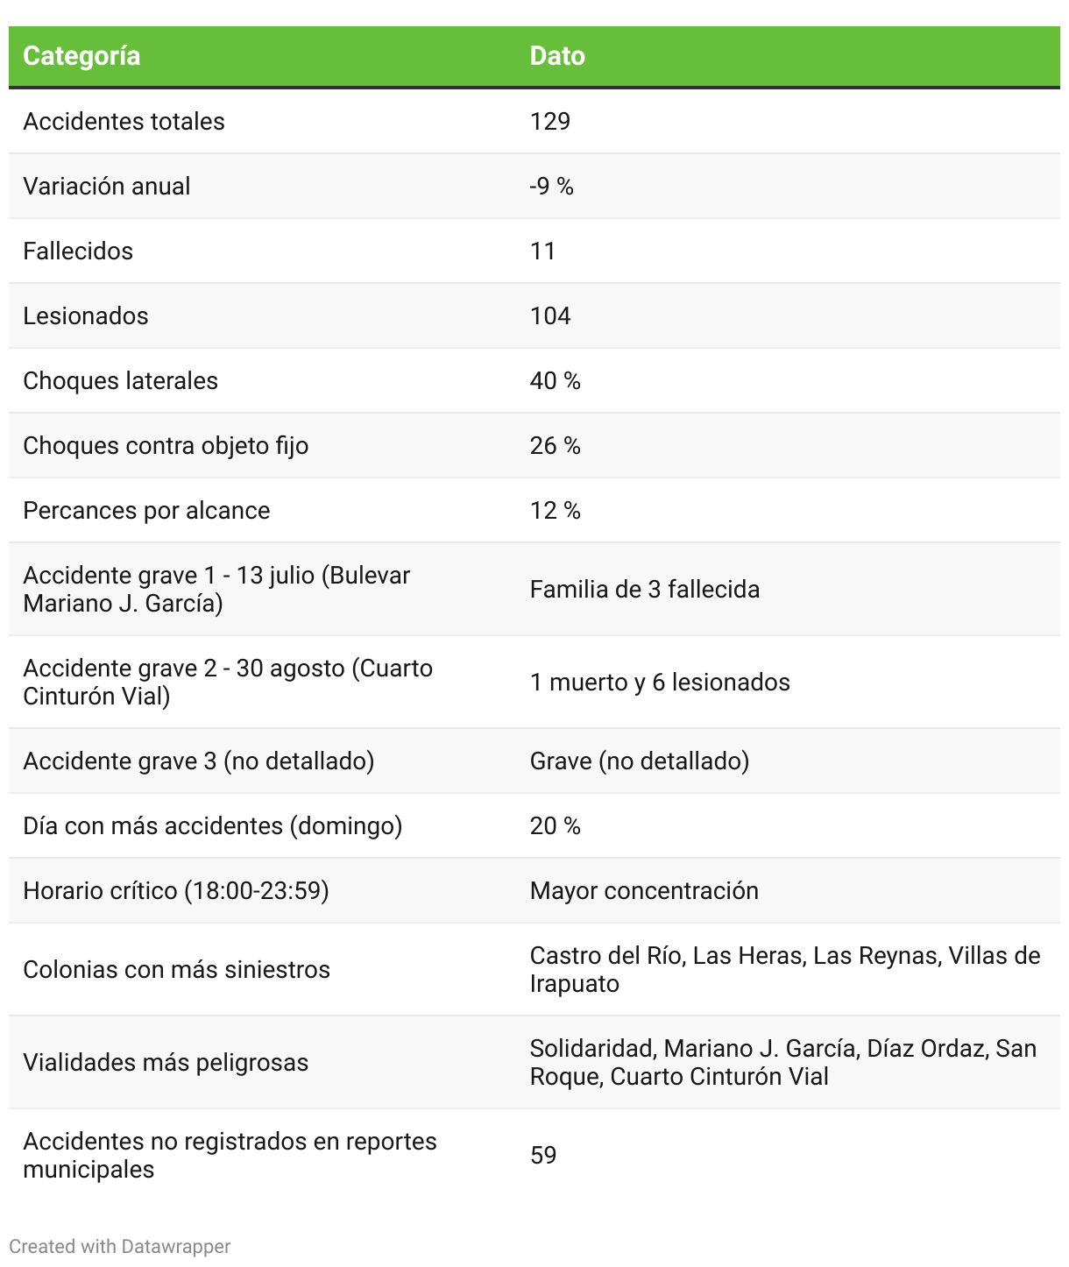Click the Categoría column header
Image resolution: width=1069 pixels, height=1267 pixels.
click(81, 56)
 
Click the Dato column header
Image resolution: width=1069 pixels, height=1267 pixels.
click(557, 56)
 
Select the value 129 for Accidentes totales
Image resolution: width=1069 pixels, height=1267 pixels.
click(550, 121)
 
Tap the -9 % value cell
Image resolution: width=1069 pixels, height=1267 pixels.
click(551, 186)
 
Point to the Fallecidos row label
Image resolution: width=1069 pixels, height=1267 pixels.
click(78, 251)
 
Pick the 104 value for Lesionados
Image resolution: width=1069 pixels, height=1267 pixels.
click(550, 315)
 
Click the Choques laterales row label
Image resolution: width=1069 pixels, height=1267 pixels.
click(120, 380)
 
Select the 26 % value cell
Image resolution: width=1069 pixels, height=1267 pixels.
click(556, 445)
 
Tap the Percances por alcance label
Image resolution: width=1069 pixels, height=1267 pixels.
click(146, 510)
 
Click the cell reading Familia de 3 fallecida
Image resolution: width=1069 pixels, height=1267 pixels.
click(645, 589)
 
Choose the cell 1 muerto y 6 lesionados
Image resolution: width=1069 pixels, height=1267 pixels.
click(660, 682)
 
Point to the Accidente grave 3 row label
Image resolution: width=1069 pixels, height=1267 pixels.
click(199, 761)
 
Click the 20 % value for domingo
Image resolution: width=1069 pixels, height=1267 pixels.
click(556, 825)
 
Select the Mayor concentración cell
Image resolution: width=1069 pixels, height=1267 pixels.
click(644, 890)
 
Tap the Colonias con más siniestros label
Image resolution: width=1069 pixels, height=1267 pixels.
click(176, 969)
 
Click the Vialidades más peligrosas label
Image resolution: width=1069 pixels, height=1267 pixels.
click(166, 1062)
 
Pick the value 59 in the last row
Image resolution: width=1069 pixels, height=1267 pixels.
click(543, 1155)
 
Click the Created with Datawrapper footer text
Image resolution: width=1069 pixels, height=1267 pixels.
click(120, 1246)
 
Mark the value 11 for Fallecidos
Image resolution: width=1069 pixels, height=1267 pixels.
click(543, 251)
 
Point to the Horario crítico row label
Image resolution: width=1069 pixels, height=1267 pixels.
click(176, 890)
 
